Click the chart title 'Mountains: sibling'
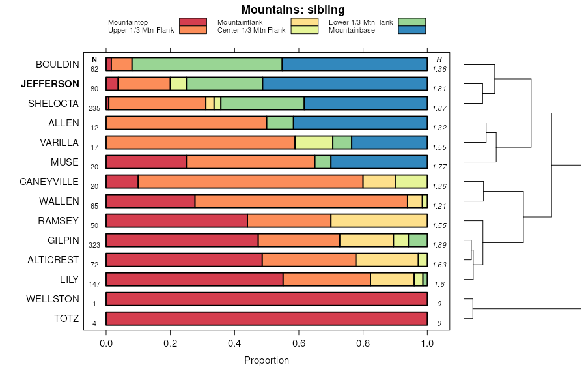point(292,10)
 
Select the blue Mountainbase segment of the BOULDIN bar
point(354,64)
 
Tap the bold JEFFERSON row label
point(50,84)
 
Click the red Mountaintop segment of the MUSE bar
point(146,162)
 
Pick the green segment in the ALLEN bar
point(280,123)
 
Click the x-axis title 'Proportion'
point(266,360)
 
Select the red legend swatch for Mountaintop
point(192,22)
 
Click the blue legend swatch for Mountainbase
point(411,30)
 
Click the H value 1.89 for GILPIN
point(439,245)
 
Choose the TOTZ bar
point(266,319)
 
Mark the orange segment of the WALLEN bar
point(301,201)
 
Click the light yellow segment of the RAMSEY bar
point(379,221)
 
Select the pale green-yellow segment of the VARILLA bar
point(314,143)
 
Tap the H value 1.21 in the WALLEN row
point(439,206)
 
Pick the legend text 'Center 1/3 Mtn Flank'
point(251,30)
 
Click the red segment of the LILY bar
point(194,280)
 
